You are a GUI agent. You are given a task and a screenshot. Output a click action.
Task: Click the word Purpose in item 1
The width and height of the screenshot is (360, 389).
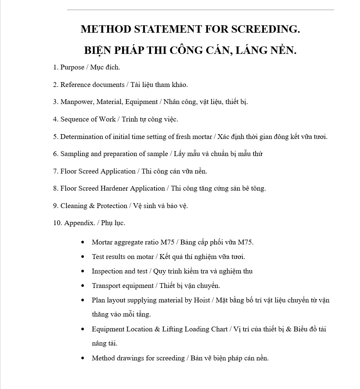(72, 67)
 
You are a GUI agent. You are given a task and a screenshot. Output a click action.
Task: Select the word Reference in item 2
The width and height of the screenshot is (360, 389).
(76, 85)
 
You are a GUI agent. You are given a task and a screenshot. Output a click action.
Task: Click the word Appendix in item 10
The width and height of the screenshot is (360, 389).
(79, 223)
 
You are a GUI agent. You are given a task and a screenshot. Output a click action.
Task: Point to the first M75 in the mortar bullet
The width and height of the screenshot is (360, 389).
(167, 242)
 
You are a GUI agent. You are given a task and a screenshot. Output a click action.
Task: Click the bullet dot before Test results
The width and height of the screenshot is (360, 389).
(83, 257)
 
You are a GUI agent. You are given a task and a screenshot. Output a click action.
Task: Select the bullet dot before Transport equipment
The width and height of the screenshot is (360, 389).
(83, 286)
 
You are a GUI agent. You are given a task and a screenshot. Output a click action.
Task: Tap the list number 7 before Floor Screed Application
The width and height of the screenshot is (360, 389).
(55, 171)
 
